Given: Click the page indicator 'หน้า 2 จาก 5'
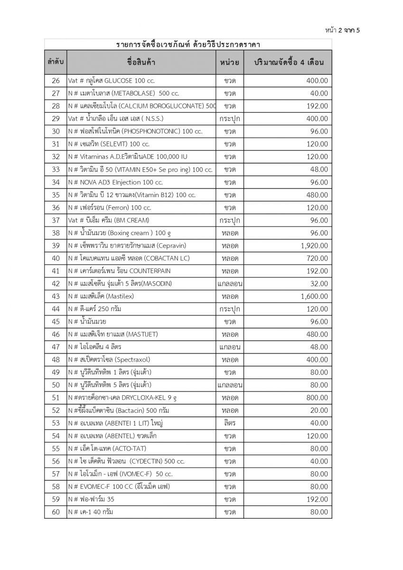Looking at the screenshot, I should [x=343, y=30].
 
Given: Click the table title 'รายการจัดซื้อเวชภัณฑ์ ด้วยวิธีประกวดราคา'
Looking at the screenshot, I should [x=188, y=45].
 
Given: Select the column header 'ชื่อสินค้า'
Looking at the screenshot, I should [x=141, y=62].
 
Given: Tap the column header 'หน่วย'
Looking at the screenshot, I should [x=230, y=62].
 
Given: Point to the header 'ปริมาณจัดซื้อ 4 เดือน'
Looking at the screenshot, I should [x=287, y=62].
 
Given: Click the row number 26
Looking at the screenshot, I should [x=56, y=80].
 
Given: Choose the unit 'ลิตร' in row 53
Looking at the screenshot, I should [x=230, y=423].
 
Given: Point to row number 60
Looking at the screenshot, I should [x=56, y=512].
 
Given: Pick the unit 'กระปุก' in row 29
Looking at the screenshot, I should [x=230, y=119].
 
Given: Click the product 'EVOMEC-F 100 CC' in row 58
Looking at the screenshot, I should [x=119, y=486].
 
